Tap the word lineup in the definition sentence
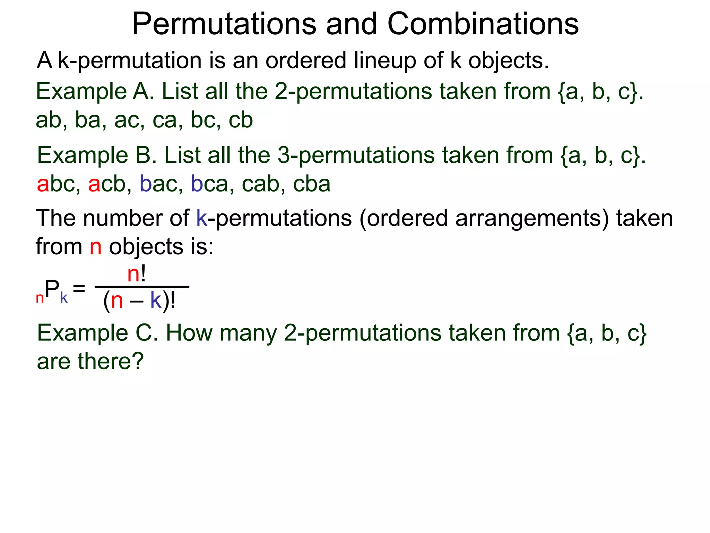[385, 61]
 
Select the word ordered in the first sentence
[306, 61]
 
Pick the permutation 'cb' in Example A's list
[241, 120]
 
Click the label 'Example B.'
[96, 155]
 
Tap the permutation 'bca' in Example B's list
[209, 184]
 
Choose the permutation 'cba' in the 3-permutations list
[311, 184]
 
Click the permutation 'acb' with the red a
[107, 184]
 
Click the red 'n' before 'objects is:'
[96, 247]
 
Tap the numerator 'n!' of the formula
[137, 274]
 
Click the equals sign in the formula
[79, 288]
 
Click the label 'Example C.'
[97, 333]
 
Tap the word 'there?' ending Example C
[110, 362]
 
